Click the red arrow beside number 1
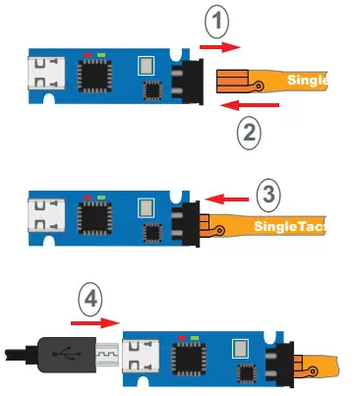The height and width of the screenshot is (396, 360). [x=216, y=45]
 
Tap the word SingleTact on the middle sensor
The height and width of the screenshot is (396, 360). [x=289, y=228]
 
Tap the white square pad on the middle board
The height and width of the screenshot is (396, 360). [x=145, y=208]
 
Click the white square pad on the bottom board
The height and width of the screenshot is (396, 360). [x=239, y=349]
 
